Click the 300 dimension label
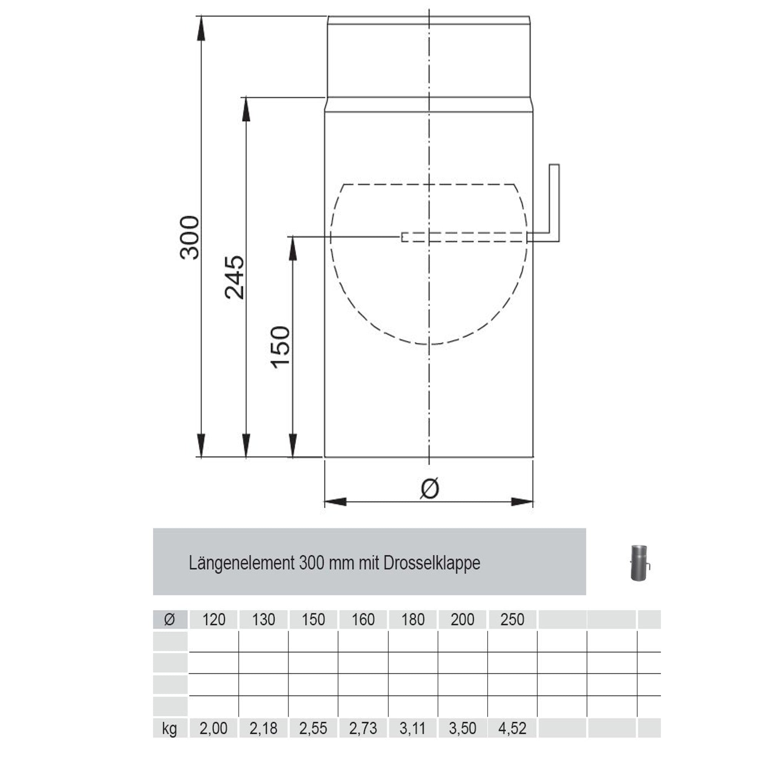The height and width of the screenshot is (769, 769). tap(190, 238)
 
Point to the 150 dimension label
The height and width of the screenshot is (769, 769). tap(280, 347)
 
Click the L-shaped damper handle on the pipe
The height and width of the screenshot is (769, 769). tap(554, 203)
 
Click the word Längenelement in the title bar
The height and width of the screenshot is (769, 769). tap(241, 563)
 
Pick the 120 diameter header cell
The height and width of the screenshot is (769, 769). tap(214, 619)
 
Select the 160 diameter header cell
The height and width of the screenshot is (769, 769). tap(363, 619)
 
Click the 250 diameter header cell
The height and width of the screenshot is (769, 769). tap(512, 619)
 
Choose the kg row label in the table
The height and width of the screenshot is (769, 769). tap(170, 728)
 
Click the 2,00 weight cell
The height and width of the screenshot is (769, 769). tap(214, 728)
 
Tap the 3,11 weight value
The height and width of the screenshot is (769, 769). tap(413, 728)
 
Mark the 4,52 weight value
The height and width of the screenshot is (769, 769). tap(512, 728)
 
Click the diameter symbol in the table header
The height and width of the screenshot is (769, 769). tap(170, 619)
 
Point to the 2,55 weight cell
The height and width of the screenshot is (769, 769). tap(313, 728)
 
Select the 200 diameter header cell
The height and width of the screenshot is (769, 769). tap(463, 619)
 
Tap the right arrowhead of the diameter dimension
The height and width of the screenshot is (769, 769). tap(521, 502)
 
